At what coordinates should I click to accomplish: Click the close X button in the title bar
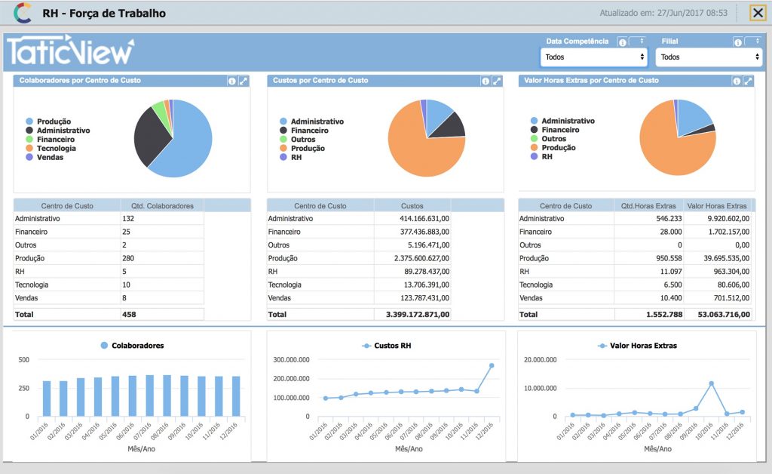click(758, 13)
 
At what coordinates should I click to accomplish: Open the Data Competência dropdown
click(594, 57)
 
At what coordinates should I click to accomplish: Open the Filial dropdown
click(709, 57)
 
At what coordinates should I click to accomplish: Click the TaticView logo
click(70, 51)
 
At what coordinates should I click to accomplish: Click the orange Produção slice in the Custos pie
click(421, 150)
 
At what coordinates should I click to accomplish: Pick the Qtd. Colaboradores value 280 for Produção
click(128, 258)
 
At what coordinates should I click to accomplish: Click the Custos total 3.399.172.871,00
click(418, 314)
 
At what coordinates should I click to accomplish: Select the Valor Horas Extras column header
click(717, 206)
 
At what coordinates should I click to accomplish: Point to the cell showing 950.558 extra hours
click(669, 258)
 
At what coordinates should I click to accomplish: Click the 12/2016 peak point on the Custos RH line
click(492, 365)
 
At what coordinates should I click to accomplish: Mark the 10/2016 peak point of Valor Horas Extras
click(712, 383)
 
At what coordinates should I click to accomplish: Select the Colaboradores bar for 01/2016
click(47, 399)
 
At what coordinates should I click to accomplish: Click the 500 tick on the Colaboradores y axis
click(23, 360)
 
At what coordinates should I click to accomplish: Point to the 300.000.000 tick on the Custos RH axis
click(292, 360)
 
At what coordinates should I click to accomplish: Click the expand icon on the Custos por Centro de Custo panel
click(497, 81)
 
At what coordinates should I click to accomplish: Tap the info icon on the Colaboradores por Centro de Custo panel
click(232, 81)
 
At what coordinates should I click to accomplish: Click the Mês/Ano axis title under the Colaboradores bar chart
click(141, 449)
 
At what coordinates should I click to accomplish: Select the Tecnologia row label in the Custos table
click(284, 285)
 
